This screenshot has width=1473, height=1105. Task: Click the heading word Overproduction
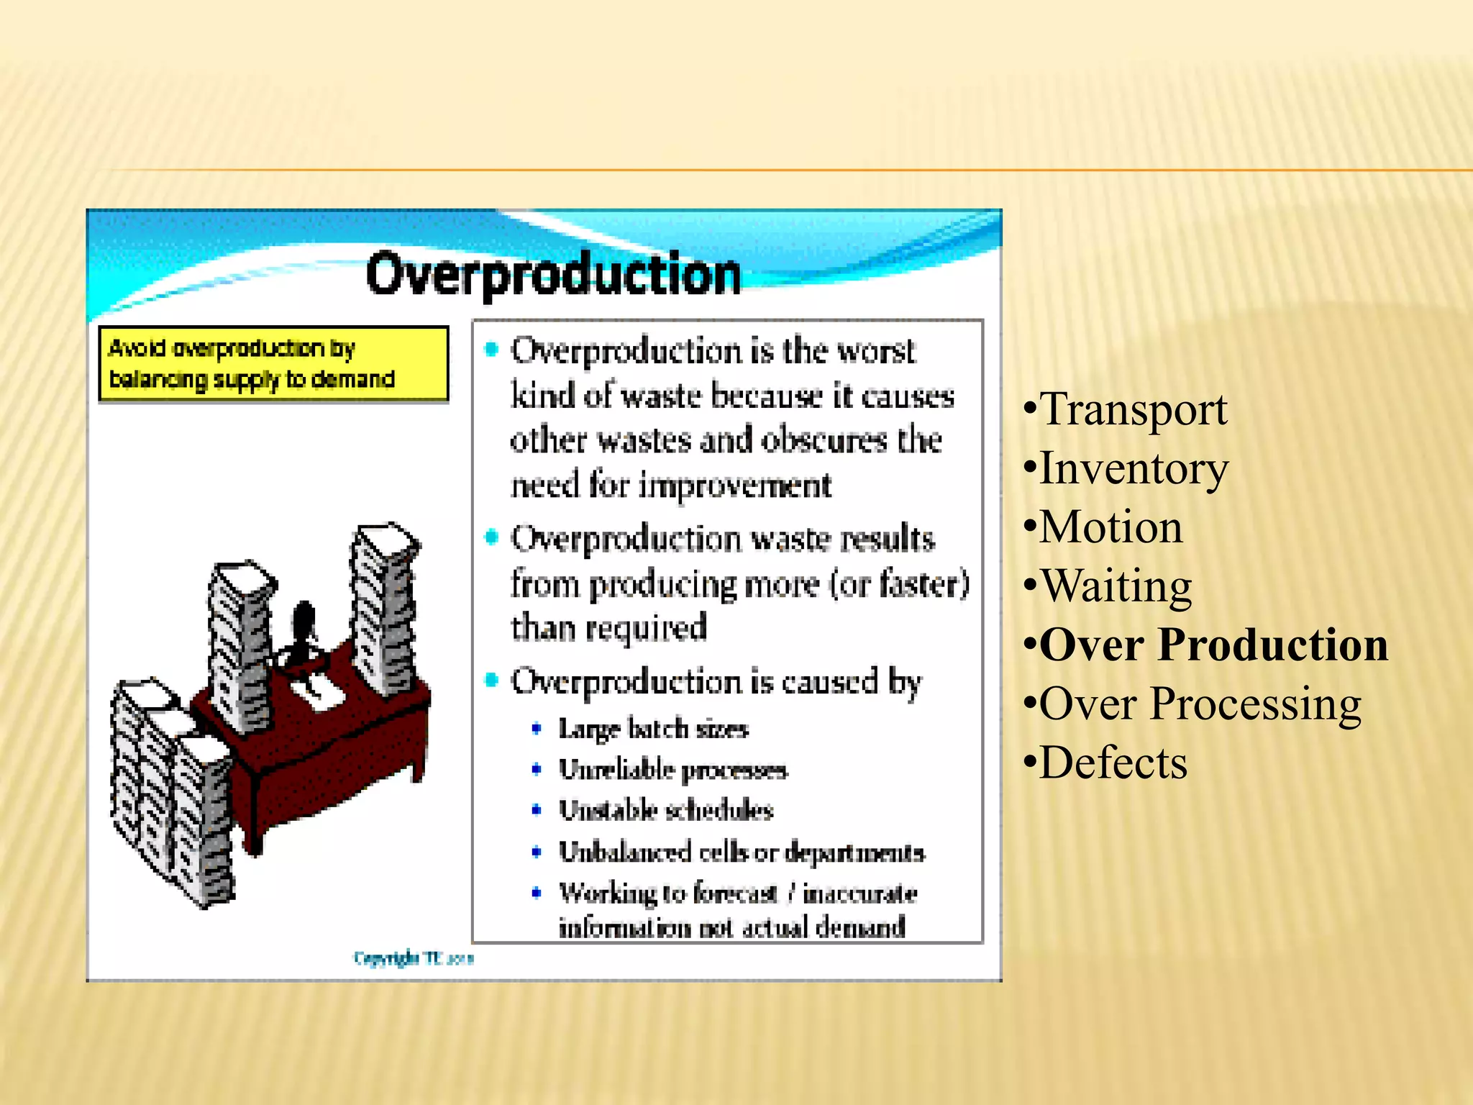(552, 274)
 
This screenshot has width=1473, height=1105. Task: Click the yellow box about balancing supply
(273, 364)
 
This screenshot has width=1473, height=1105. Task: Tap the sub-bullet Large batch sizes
(653, 729)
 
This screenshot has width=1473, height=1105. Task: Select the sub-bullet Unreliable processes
(672, 770)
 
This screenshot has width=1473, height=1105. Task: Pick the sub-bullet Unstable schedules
(665, 811)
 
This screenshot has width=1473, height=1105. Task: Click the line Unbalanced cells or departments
(741, 852)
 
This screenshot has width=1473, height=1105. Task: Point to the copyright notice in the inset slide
(413, 958)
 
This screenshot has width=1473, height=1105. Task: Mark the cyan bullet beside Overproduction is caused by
(492, 680)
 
